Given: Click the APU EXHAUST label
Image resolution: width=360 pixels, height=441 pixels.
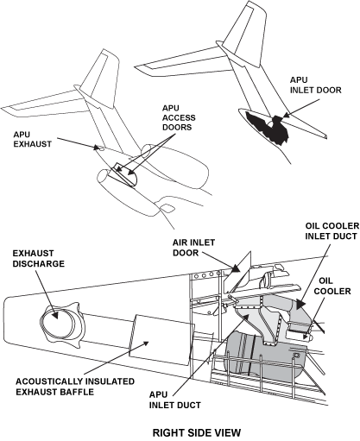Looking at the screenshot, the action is [x=32, y=139].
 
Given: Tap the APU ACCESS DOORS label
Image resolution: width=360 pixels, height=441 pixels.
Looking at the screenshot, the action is [x=179, y=117].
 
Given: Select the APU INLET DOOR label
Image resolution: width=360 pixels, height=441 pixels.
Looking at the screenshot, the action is [x=315, y=85].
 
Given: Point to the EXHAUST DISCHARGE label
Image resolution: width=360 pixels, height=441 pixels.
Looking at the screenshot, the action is [x=39, y=259].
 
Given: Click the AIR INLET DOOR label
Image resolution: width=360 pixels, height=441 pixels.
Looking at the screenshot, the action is [x=193, y=248].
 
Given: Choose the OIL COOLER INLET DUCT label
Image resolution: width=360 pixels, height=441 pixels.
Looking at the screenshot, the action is [x=332, y=231].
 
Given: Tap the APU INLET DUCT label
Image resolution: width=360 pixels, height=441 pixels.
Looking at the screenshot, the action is [x=175, y=400].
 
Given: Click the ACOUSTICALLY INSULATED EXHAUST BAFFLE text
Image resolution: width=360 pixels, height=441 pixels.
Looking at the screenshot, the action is [x=75, y=387].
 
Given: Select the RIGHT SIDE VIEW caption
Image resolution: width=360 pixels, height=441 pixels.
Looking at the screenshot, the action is [x=197, y=432].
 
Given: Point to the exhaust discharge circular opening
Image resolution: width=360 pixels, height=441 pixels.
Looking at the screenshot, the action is [x=56, y=324].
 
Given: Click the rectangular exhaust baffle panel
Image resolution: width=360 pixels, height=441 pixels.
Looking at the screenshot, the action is [x=161, y=340].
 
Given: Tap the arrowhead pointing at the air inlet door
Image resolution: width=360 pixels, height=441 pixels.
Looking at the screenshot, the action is [x=236, y=268].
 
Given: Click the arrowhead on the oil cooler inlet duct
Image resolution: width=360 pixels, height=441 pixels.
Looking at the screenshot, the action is [x=300, y=305].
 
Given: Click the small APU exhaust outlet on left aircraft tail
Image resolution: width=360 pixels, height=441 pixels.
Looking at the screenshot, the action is [x=101, y=148].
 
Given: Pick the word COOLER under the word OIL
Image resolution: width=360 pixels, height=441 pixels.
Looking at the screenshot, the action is [x=332, y=291].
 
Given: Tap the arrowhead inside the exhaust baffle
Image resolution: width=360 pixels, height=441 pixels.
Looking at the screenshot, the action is [x=146, y=343].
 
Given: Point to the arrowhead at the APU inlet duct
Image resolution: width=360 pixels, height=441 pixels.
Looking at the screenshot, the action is [x=245, y=317].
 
